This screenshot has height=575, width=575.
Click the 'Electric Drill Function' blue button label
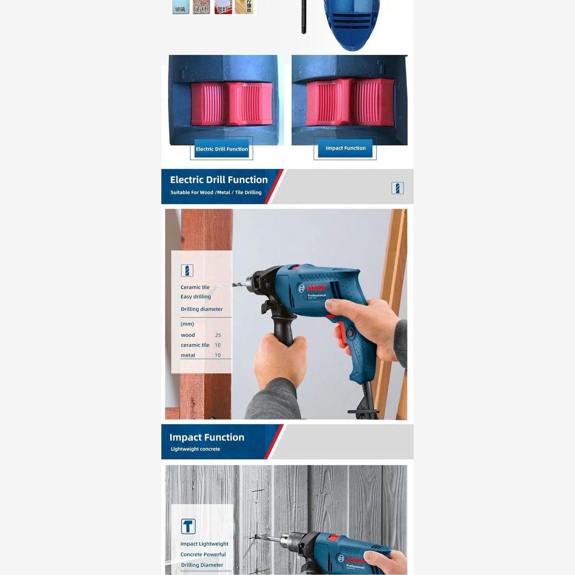point(222,149)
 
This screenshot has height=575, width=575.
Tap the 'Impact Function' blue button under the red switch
point(345,148)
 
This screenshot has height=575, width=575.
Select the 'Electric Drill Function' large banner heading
point(219,180)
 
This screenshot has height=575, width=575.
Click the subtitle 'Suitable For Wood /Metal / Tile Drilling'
point(216,193)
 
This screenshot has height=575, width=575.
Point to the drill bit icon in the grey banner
point(398,188)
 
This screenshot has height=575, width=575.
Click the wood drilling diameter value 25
point(218,335)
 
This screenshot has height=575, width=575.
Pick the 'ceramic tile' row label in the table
point(195,345)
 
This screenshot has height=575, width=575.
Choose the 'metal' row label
point(188,355)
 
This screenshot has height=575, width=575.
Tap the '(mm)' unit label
point(187,324)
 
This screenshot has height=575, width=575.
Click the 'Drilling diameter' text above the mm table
point(202,309)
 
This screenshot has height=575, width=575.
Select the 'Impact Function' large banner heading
point(207,437)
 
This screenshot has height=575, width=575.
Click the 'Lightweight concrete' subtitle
point(195,449)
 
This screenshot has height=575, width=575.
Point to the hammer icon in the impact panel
point(188,526)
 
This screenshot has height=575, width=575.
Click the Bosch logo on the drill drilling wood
point(316,288)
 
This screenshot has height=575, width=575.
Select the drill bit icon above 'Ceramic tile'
point(187,271)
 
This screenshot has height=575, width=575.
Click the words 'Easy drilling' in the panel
point(196,297)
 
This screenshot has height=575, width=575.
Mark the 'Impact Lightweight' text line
point(204,544)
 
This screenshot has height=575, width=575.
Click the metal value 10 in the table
point(218,355)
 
